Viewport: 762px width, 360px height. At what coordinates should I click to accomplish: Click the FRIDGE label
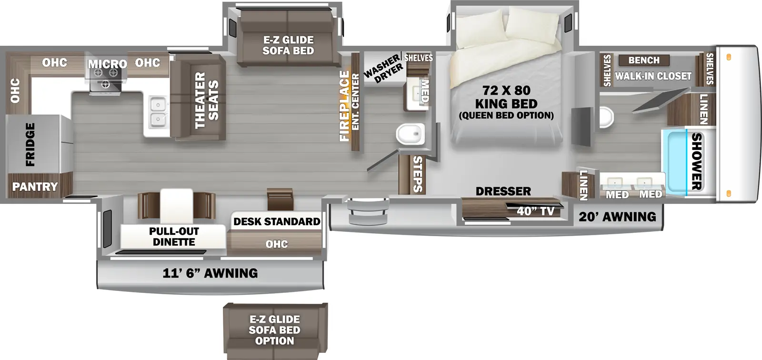coord(30,144)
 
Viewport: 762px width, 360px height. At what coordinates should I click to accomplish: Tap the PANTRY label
coord(35,187)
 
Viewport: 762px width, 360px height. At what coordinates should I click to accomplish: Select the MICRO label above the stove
coord(107,64)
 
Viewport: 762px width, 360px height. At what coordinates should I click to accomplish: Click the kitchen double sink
coord(157,112)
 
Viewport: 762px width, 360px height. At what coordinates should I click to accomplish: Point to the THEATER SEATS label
coord(206,100)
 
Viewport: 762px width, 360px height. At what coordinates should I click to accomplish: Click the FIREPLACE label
coord(344,106)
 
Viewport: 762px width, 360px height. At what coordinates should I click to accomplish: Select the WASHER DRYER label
coord(382,70)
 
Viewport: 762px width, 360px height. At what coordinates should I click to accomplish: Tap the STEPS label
coord(417,174)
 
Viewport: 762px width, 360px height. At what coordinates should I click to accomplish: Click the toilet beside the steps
coord(410,134)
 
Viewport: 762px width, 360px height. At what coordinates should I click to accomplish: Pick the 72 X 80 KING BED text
coord(506,97)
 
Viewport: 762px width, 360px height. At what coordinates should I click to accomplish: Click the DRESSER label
coord(503,191)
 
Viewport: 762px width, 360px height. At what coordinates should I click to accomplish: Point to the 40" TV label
coord(535,211)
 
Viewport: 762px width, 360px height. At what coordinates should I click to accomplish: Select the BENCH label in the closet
coord(644,60)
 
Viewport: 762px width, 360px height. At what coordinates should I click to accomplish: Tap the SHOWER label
coord(696,161)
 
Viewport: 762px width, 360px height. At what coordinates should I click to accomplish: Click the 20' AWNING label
coord(617,217)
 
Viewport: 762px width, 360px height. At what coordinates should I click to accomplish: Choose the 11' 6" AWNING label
coord(210,273)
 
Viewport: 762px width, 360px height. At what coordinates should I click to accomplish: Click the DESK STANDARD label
coord(277,222)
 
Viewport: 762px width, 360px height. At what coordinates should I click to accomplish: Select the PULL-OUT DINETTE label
coord(174,237)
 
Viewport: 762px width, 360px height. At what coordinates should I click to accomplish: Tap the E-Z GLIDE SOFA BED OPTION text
coord(275,330)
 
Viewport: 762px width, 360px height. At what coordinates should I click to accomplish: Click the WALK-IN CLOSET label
coord(653,76)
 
